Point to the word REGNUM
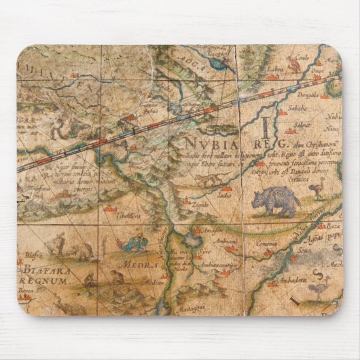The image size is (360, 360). (x=47, y=280)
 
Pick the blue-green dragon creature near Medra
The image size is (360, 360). (x=133, y=242)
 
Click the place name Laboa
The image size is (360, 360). (x=274, y=69)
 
